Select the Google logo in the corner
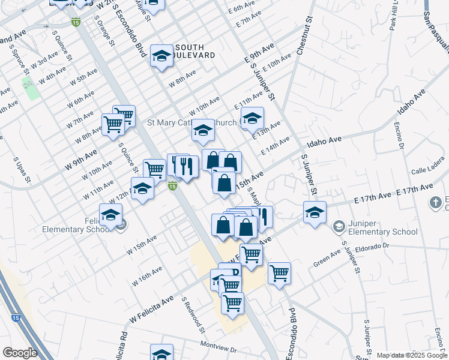click(x=20, y=353)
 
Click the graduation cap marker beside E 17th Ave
click(x=315, y=212)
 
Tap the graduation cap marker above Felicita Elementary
click(x=111, y=215)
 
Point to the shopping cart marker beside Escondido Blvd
click(x=279, y=274)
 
